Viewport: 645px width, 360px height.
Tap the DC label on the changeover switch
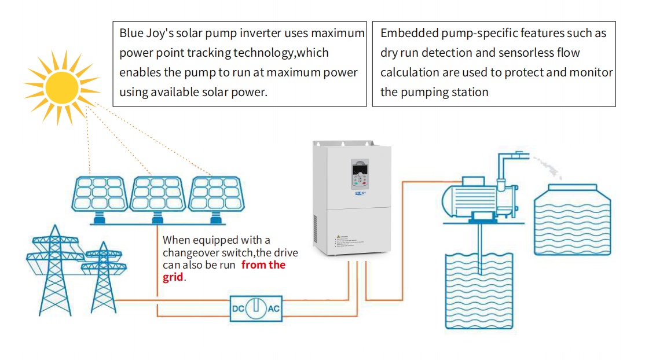click(237, 308)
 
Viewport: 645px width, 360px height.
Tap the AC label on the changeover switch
click(273, 308)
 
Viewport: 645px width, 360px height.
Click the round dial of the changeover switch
click(255, 308)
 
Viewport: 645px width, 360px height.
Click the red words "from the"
click(263, 265)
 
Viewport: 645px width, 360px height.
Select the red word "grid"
click(173, 277)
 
